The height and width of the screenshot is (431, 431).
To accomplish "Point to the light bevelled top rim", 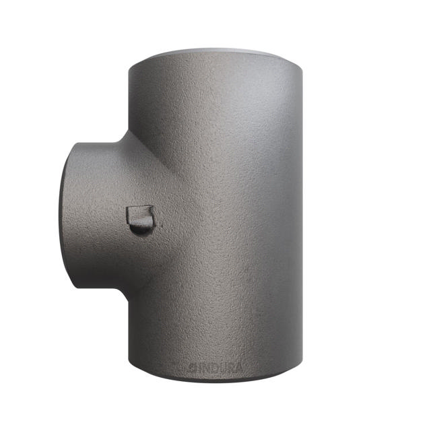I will coord(215,53).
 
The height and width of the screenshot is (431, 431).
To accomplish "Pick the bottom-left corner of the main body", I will coord(129,364).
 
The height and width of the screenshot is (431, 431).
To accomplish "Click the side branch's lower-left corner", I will coord(73,286).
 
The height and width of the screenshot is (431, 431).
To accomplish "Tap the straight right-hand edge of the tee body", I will coord(302,215).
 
